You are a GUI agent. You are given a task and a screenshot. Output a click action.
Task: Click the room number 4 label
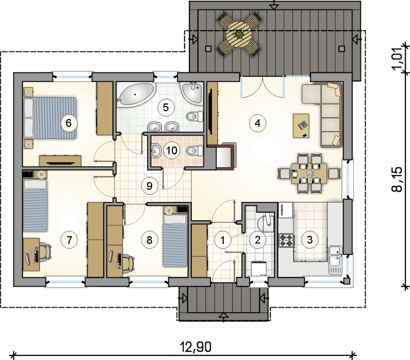tap(257, 123)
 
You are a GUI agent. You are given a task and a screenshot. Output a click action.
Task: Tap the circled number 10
tap(172, 150)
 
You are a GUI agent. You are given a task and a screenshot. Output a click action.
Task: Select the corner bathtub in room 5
tap(136, 95)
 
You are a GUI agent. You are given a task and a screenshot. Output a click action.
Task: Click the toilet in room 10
tap(195, 150)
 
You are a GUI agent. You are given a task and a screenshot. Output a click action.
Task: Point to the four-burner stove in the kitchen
tap(287, 240)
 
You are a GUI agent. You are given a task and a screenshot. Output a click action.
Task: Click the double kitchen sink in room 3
tap(336, 256)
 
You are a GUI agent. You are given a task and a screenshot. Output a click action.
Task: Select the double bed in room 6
tap(50, 118)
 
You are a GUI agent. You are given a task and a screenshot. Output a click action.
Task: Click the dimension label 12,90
tap(196, 347)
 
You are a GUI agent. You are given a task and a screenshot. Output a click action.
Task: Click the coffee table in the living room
tap(301, 126)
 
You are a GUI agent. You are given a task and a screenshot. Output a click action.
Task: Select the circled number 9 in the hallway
tap(149, 186)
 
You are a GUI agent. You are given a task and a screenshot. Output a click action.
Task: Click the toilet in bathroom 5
tap(195, 116)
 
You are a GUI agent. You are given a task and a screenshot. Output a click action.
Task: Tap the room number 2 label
tap(257, 240)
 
